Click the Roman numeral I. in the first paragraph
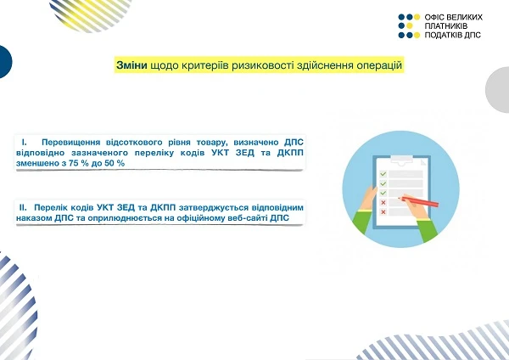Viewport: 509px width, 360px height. [25, 139]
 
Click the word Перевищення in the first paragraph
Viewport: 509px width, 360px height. [72, 139]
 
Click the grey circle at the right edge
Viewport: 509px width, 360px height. [499, 90]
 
